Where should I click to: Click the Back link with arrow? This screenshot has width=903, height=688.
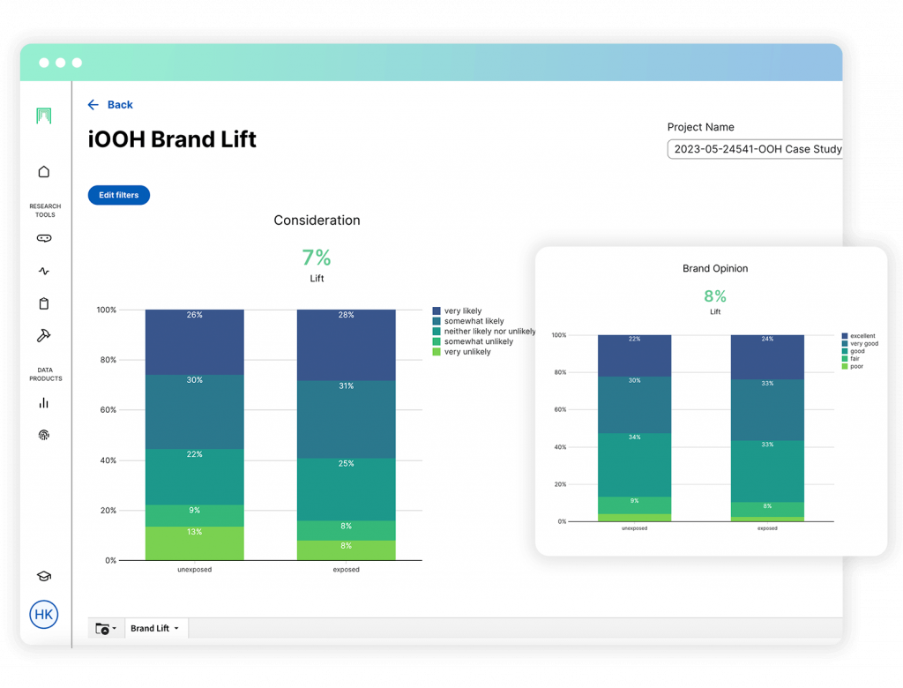110,105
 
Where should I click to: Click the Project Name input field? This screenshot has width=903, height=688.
754,149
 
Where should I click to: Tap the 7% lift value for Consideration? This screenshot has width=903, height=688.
317,258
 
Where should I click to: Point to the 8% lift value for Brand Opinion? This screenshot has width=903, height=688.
715,295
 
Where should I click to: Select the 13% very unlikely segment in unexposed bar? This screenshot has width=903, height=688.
194,542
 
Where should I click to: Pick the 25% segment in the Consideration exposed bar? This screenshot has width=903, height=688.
346,489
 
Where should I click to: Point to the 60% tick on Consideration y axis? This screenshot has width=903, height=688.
106,410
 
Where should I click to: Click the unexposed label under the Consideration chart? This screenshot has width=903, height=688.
194,570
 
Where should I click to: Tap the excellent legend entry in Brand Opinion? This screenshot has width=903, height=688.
862,336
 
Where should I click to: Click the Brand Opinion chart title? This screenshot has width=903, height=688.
715,268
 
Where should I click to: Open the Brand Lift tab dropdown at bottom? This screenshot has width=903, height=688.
155,629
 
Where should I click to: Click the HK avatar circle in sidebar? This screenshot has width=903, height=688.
43,614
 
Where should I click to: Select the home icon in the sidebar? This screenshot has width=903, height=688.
44,172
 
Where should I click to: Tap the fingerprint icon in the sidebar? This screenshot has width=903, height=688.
44,435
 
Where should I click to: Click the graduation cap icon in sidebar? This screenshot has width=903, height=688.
43,576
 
